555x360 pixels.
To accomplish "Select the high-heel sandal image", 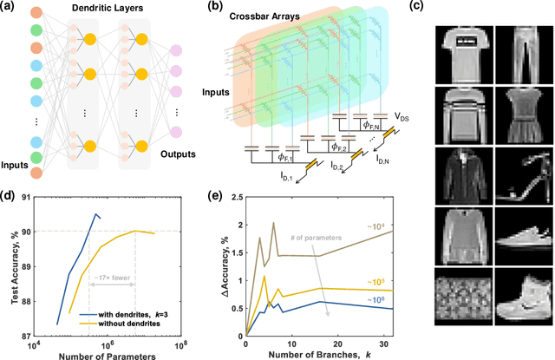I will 518,175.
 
